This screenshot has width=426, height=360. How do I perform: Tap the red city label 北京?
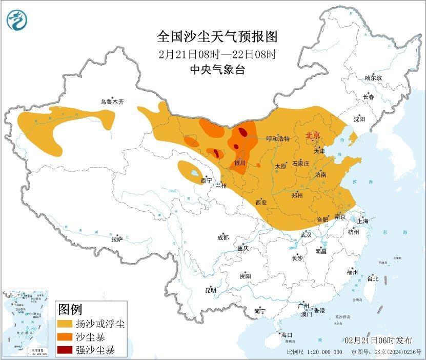click(313, 135)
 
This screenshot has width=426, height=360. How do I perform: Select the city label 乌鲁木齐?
click(112, 102)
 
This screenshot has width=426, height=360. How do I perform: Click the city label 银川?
click(240, 163)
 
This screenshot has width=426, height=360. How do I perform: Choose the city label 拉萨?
click(117, 238)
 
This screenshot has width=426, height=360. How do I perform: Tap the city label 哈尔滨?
click(373, 77)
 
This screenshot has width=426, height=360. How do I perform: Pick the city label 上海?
click(363, 221)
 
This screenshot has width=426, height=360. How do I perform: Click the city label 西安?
click(261, 202)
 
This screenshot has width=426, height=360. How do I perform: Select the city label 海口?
click(286, 335)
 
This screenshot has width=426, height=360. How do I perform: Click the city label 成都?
click(223, 237)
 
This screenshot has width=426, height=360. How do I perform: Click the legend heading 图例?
click(70, 309)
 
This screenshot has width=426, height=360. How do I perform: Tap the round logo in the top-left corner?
click(16, 20)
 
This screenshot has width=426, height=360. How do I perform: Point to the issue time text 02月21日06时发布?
click(378, 340)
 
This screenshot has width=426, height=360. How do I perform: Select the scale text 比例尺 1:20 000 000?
click(314, 352)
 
